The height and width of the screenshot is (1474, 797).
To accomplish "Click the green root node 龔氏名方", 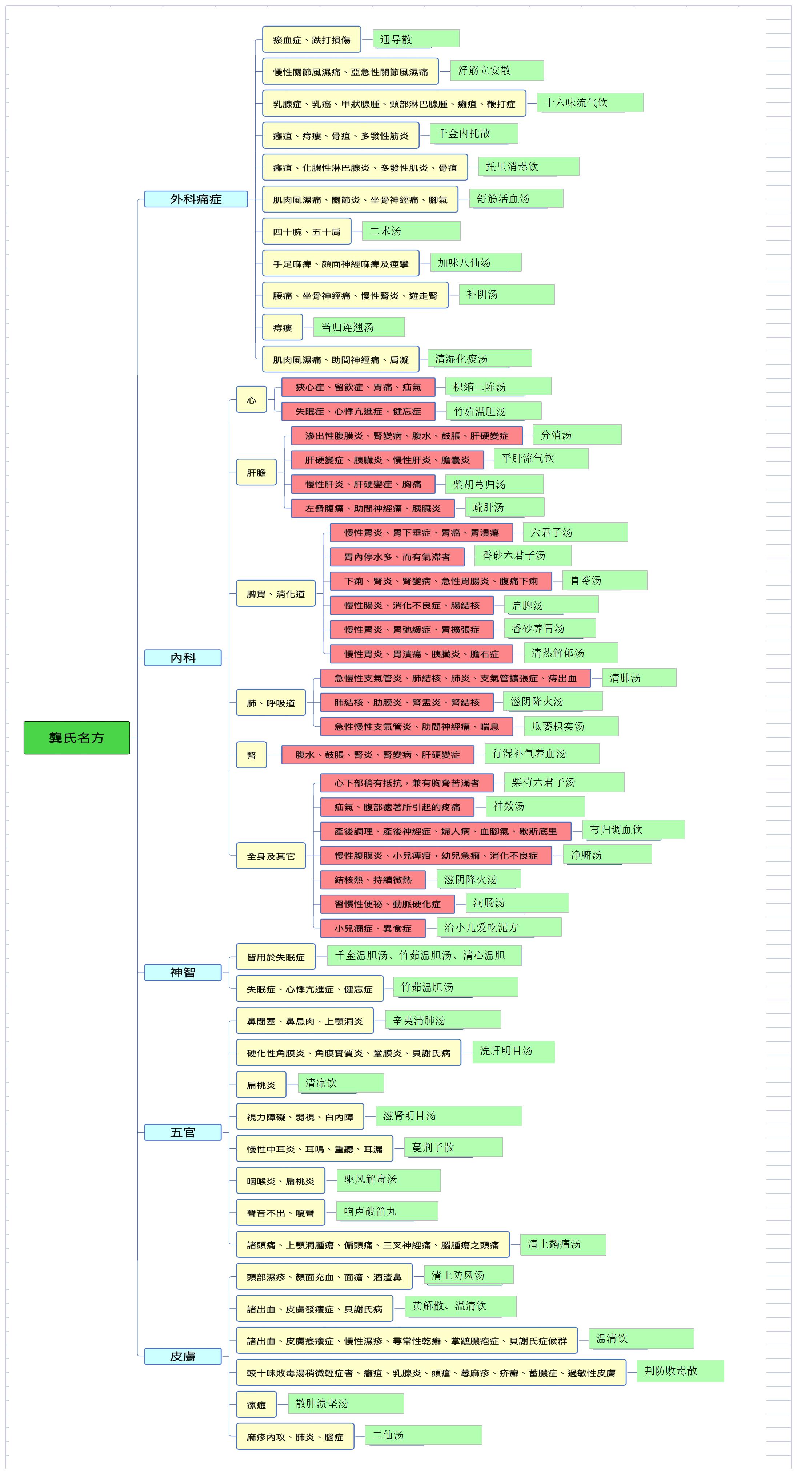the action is [77, 738].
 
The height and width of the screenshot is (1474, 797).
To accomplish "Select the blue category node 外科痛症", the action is [196, 199].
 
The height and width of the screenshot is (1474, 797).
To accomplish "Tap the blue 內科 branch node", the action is [183, 658].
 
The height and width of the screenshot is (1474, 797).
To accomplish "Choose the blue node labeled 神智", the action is [183, 972].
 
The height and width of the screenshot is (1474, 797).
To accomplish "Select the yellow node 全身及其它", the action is [271, 856].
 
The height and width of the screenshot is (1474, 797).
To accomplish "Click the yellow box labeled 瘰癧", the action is [256, 1404].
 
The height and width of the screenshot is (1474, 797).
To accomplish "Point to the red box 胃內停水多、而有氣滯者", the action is [397, 557].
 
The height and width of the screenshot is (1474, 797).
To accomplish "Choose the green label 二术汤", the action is [411, 231].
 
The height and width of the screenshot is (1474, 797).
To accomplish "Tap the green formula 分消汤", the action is [577, 434].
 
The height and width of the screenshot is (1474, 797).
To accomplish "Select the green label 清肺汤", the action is [639, 678].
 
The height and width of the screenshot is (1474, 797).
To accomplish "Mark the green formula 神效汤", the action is [535, 806].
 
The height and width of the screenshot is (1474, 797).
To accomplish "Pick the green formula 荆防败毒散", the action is [681, 1370].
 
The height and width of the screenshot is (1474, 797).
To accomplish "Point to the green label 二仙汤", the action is [424, 1434].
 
